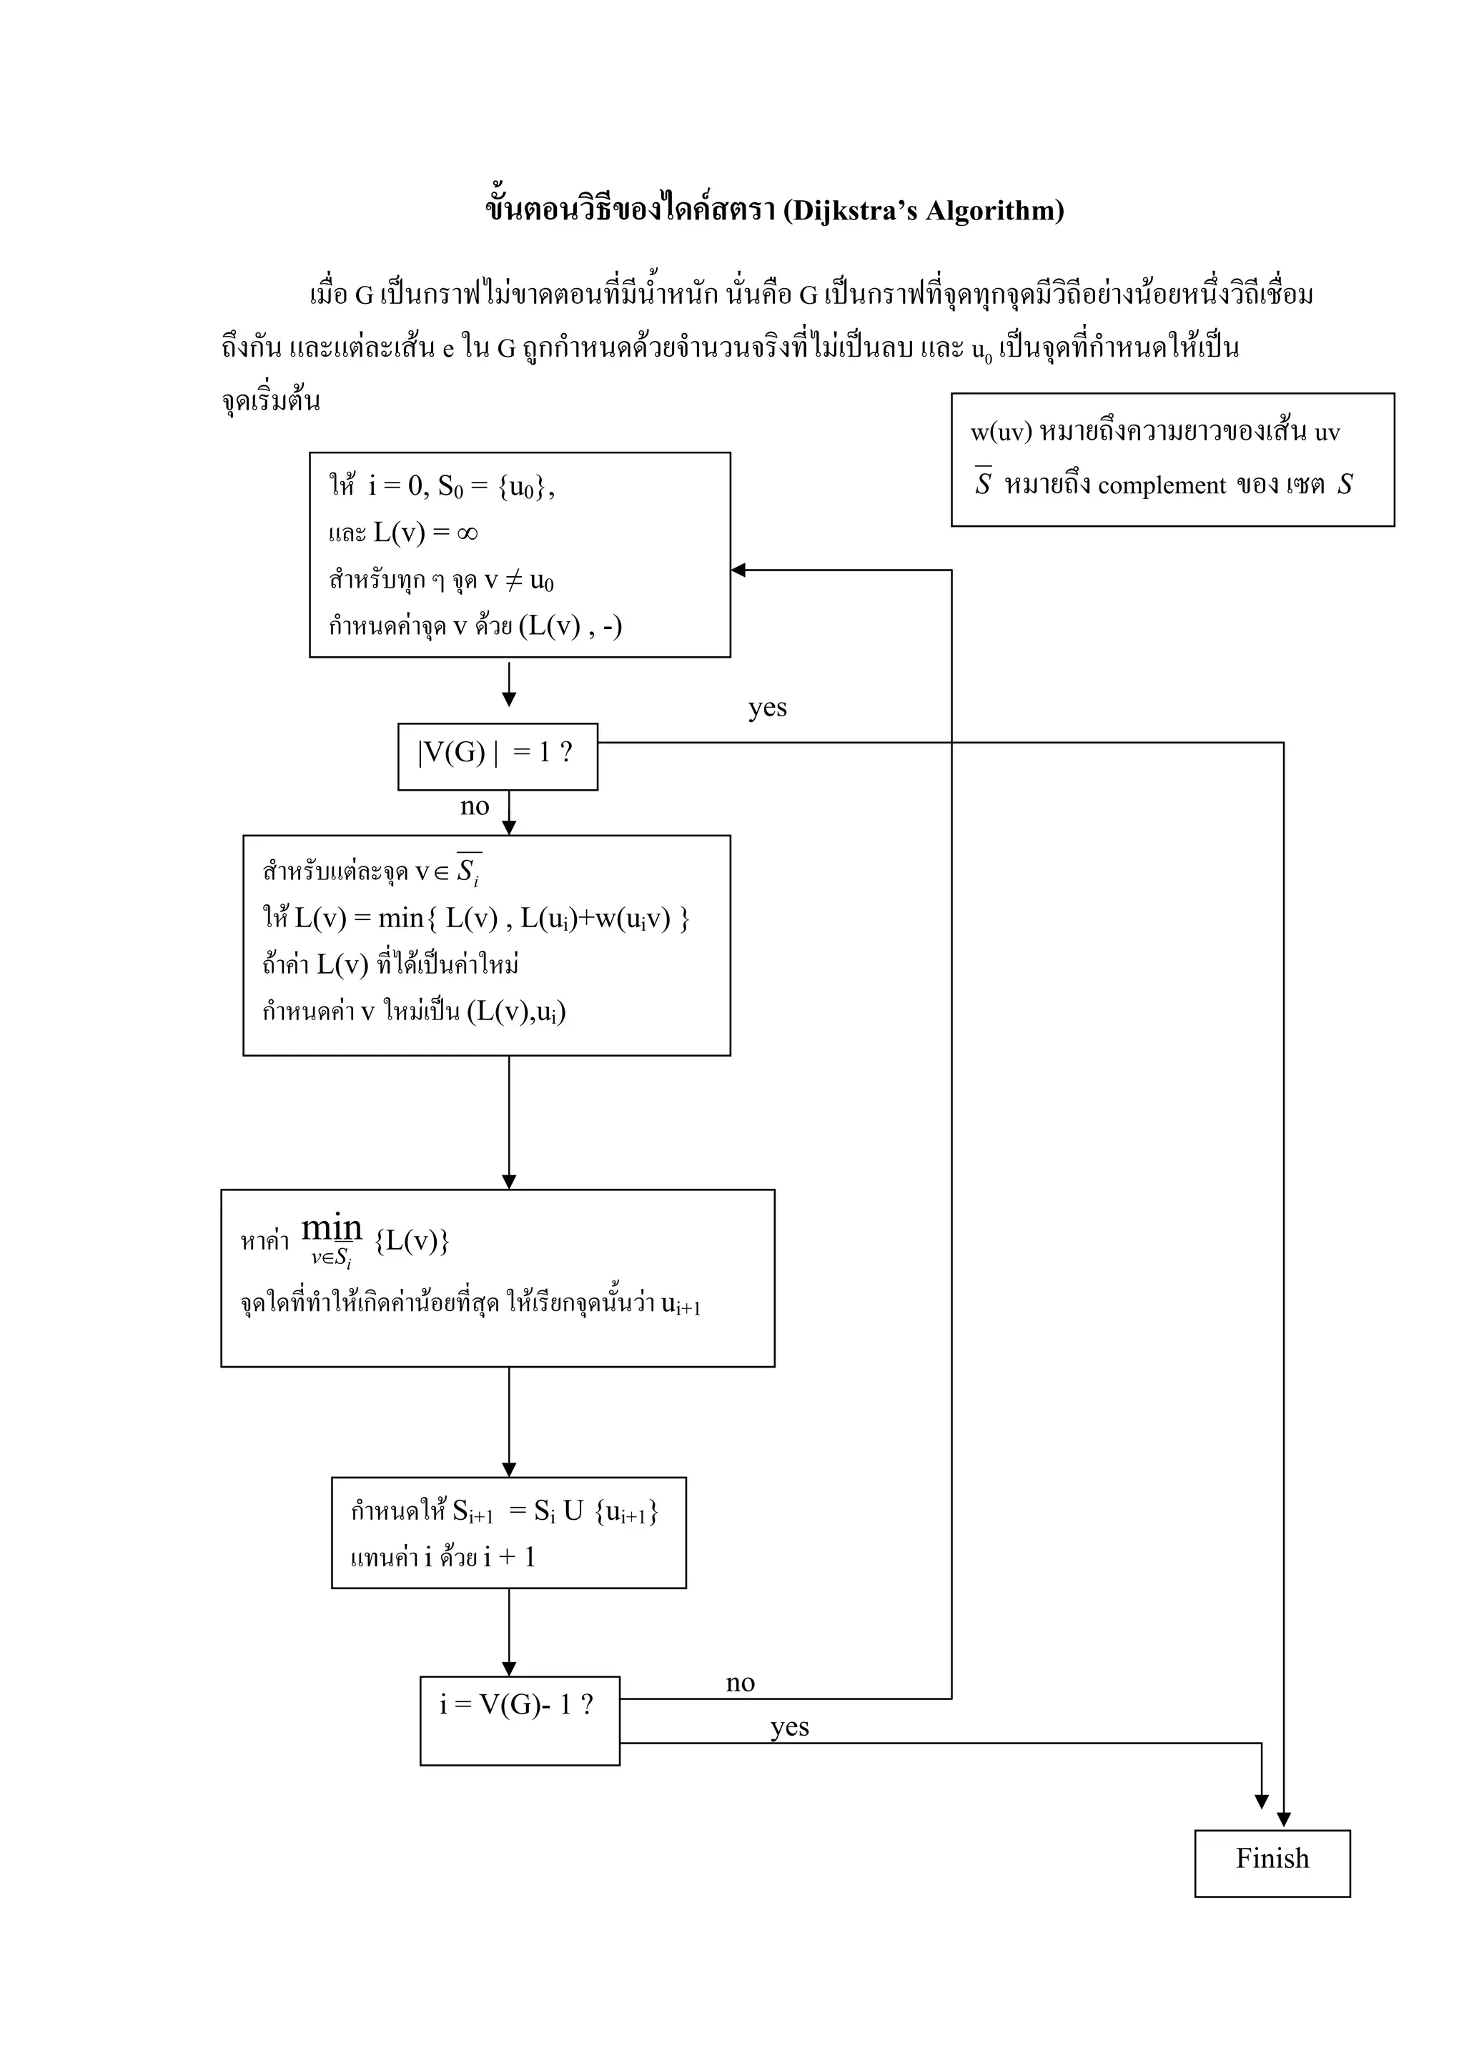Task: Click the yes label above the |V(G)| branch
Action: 767,708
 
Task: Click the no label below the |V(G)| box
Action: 475,806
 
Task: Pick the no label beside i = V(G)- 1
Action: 740,1682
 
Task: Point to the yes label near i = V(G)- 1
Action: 789,1726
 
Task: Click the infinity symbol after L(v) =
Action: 466,533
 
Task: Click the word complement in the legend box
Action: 1162,486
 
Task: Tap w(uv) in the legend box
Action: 1001,432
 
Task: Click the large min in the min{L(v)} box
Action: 331,1227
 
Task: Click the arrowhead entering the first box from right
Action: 738,570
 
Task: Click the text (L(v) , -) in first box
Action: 570,626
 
